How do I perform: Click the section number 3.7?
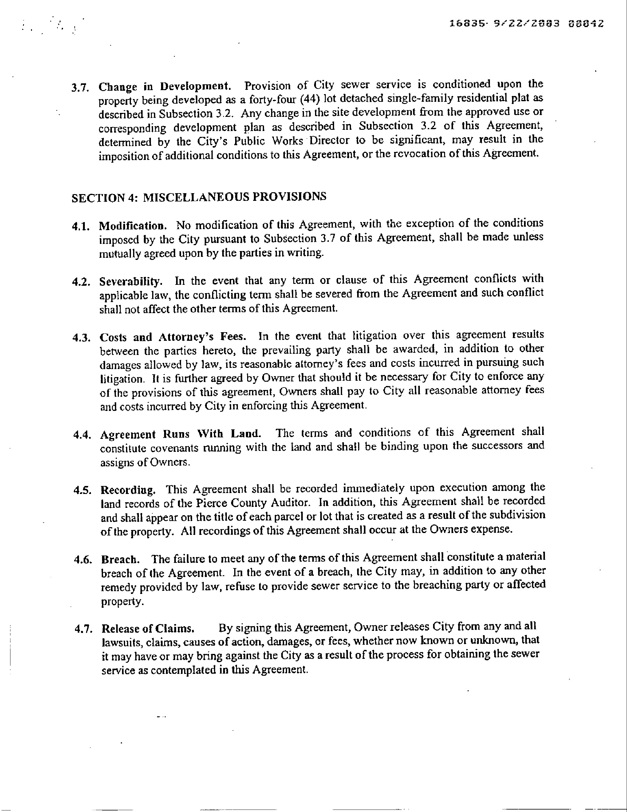pyautogui.click(x=80, y=88)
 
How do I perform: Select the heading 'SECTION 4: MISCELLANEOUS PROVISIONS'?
pyautogui.click(x=199, y=197)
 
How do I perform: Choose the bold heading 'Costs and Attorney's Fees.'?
pyautogui.click(x=173, y=337)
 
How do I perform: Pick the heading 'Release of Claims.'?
pyautogui.click(x=148, y=629)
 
